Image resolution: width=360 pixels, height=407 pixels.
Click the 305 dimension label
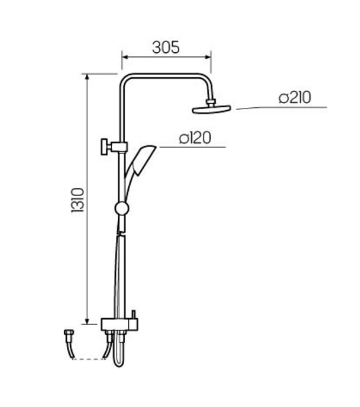tap(166, 47)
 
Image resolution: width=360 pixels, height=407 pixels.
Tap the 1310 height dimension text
tap(78, 200)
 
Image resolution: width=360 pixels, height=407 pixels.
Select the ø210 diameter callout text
tap(295, 98)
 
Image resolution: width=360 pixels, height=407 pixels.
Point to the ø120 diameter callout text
tap(195, 138)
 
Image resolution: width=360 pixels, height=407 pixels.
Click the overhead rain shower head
tap(212, 109)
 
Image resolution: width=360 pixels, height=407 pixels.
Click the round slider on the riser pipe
tap(121, 208)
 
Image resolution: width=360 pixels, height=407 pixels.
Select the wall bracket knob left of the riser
tap(105, 147)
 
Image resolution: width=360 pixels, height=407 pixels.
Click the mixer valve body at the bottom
tap(119, 325)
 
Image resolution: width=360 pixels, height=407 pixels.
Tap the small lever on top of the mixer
tap(134, 314)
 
